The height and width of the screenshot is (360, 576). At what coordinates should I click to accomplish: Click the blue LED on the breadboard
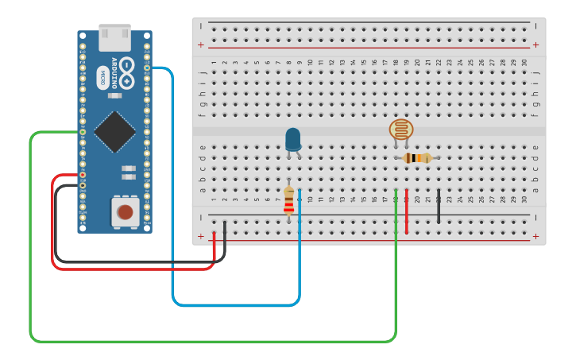292,139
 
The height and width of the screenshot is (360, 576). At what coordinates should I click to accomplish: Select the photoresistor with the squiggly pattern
401,130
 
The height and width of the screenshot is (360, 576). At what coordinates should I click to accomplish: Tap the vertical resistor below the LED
288,200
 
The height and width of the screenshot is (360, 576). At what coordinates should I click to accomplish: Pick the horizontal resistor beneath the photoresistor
416,158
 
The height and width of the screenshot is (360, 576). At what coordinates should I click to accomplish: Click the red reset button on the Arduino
125,211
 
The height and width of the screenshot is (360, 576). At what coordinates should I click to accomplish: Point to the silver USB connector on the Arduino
114,36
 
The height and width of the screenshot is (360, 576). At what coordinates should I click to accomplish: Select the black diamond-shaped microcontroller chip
114,131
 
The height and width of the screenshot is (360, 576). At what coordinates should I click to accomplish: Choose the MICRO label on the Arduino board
102,78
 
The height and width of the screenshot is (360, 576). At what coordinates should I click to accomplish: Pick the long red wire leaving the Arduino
54,223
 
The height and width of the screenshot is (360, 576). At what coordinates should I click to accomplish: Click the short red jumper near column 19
406,211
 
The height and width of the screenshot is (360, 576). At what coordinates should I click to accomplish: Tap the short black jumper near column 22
439,207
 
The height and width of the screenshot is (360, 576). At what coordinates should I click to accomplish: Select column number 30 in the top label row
524,62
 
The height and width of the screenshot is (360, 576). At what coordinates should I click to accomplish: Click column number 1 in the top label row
214,62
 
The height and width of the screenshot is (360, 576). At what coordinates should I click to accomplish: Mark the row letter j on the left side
202,73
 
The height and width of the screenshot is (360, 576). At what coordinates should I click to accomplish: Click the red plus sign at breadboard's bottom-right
535,236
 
